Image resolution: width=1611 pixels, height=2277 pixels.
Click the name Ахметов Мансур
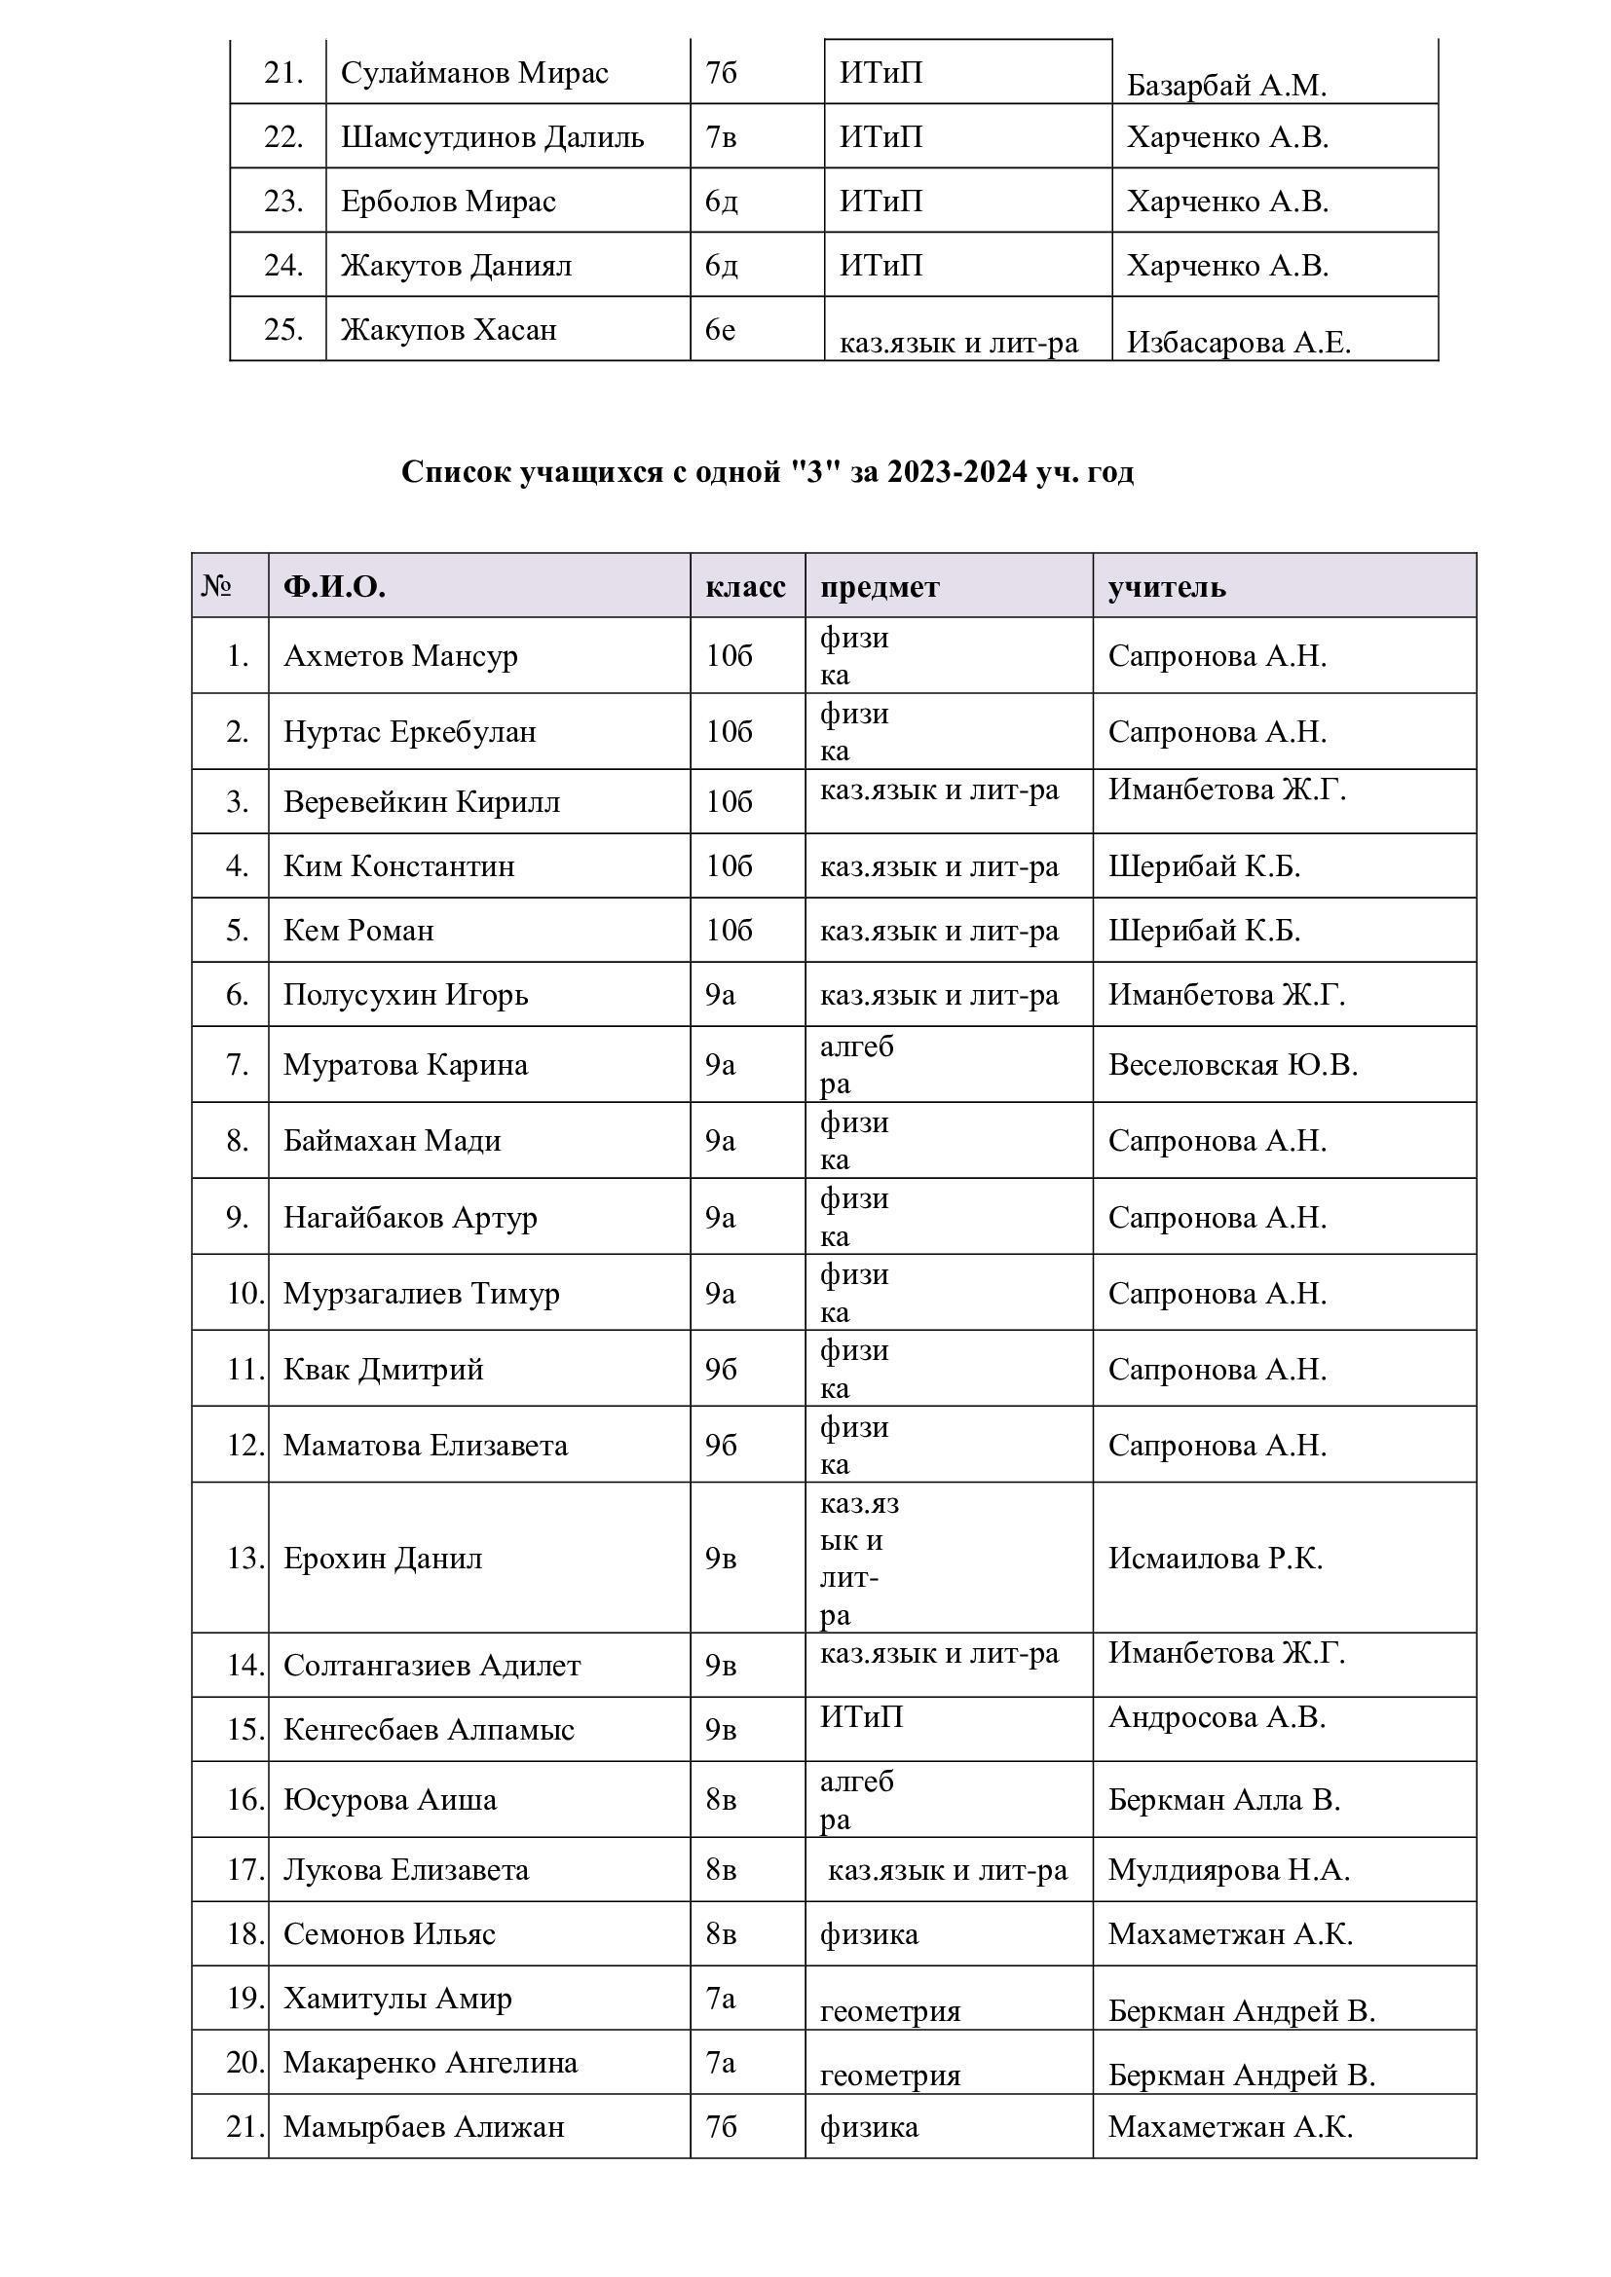399,656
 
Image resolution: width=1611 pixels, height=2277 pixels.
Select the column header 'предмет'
879,587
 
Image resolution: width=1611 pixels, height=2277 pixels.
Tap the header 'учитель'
1167,587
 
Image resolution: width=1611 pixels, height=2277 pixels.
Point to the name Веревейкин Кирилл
422,801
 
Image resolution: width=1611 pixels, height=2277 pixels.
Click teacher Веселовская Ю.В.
1232,1065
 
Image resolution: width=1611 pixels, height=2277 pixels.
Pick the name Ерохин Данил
383,1558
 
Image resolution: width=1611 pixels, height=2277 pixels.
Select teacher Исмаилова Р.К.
1216,1558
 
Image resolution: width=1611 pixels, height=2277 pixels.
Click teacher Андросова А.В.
1217,1716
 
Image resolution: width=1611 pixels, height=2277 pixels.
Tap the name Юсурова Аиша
390,1799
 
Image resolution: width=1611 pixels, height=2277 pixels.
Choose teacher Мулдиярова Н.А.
1229,1869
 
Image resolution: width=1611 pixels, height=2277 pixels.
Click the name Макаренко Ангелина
431,2063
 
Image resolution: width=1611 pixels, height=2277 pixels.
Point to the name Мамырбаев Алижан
424,2126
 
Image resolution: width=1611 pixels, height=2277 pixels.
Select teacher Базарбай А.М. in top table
1226,87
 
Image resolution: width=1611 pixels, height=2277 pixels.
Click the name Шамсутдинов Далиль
492,137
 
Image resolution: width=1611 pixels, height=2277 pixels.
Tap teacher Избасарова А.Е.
1238,343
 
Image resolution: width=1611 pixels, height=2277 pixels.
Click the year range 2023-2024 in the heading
957,472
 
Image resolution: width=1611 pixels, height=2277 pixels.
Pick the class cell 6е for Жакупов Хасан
720,329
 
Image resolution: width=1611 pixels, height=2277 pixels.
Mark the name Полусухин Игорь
406,995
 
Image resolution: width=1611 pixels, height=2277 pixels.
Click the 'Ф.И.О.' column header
334,587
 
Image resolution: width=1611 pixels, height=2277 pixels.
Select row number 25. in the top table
282,329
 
